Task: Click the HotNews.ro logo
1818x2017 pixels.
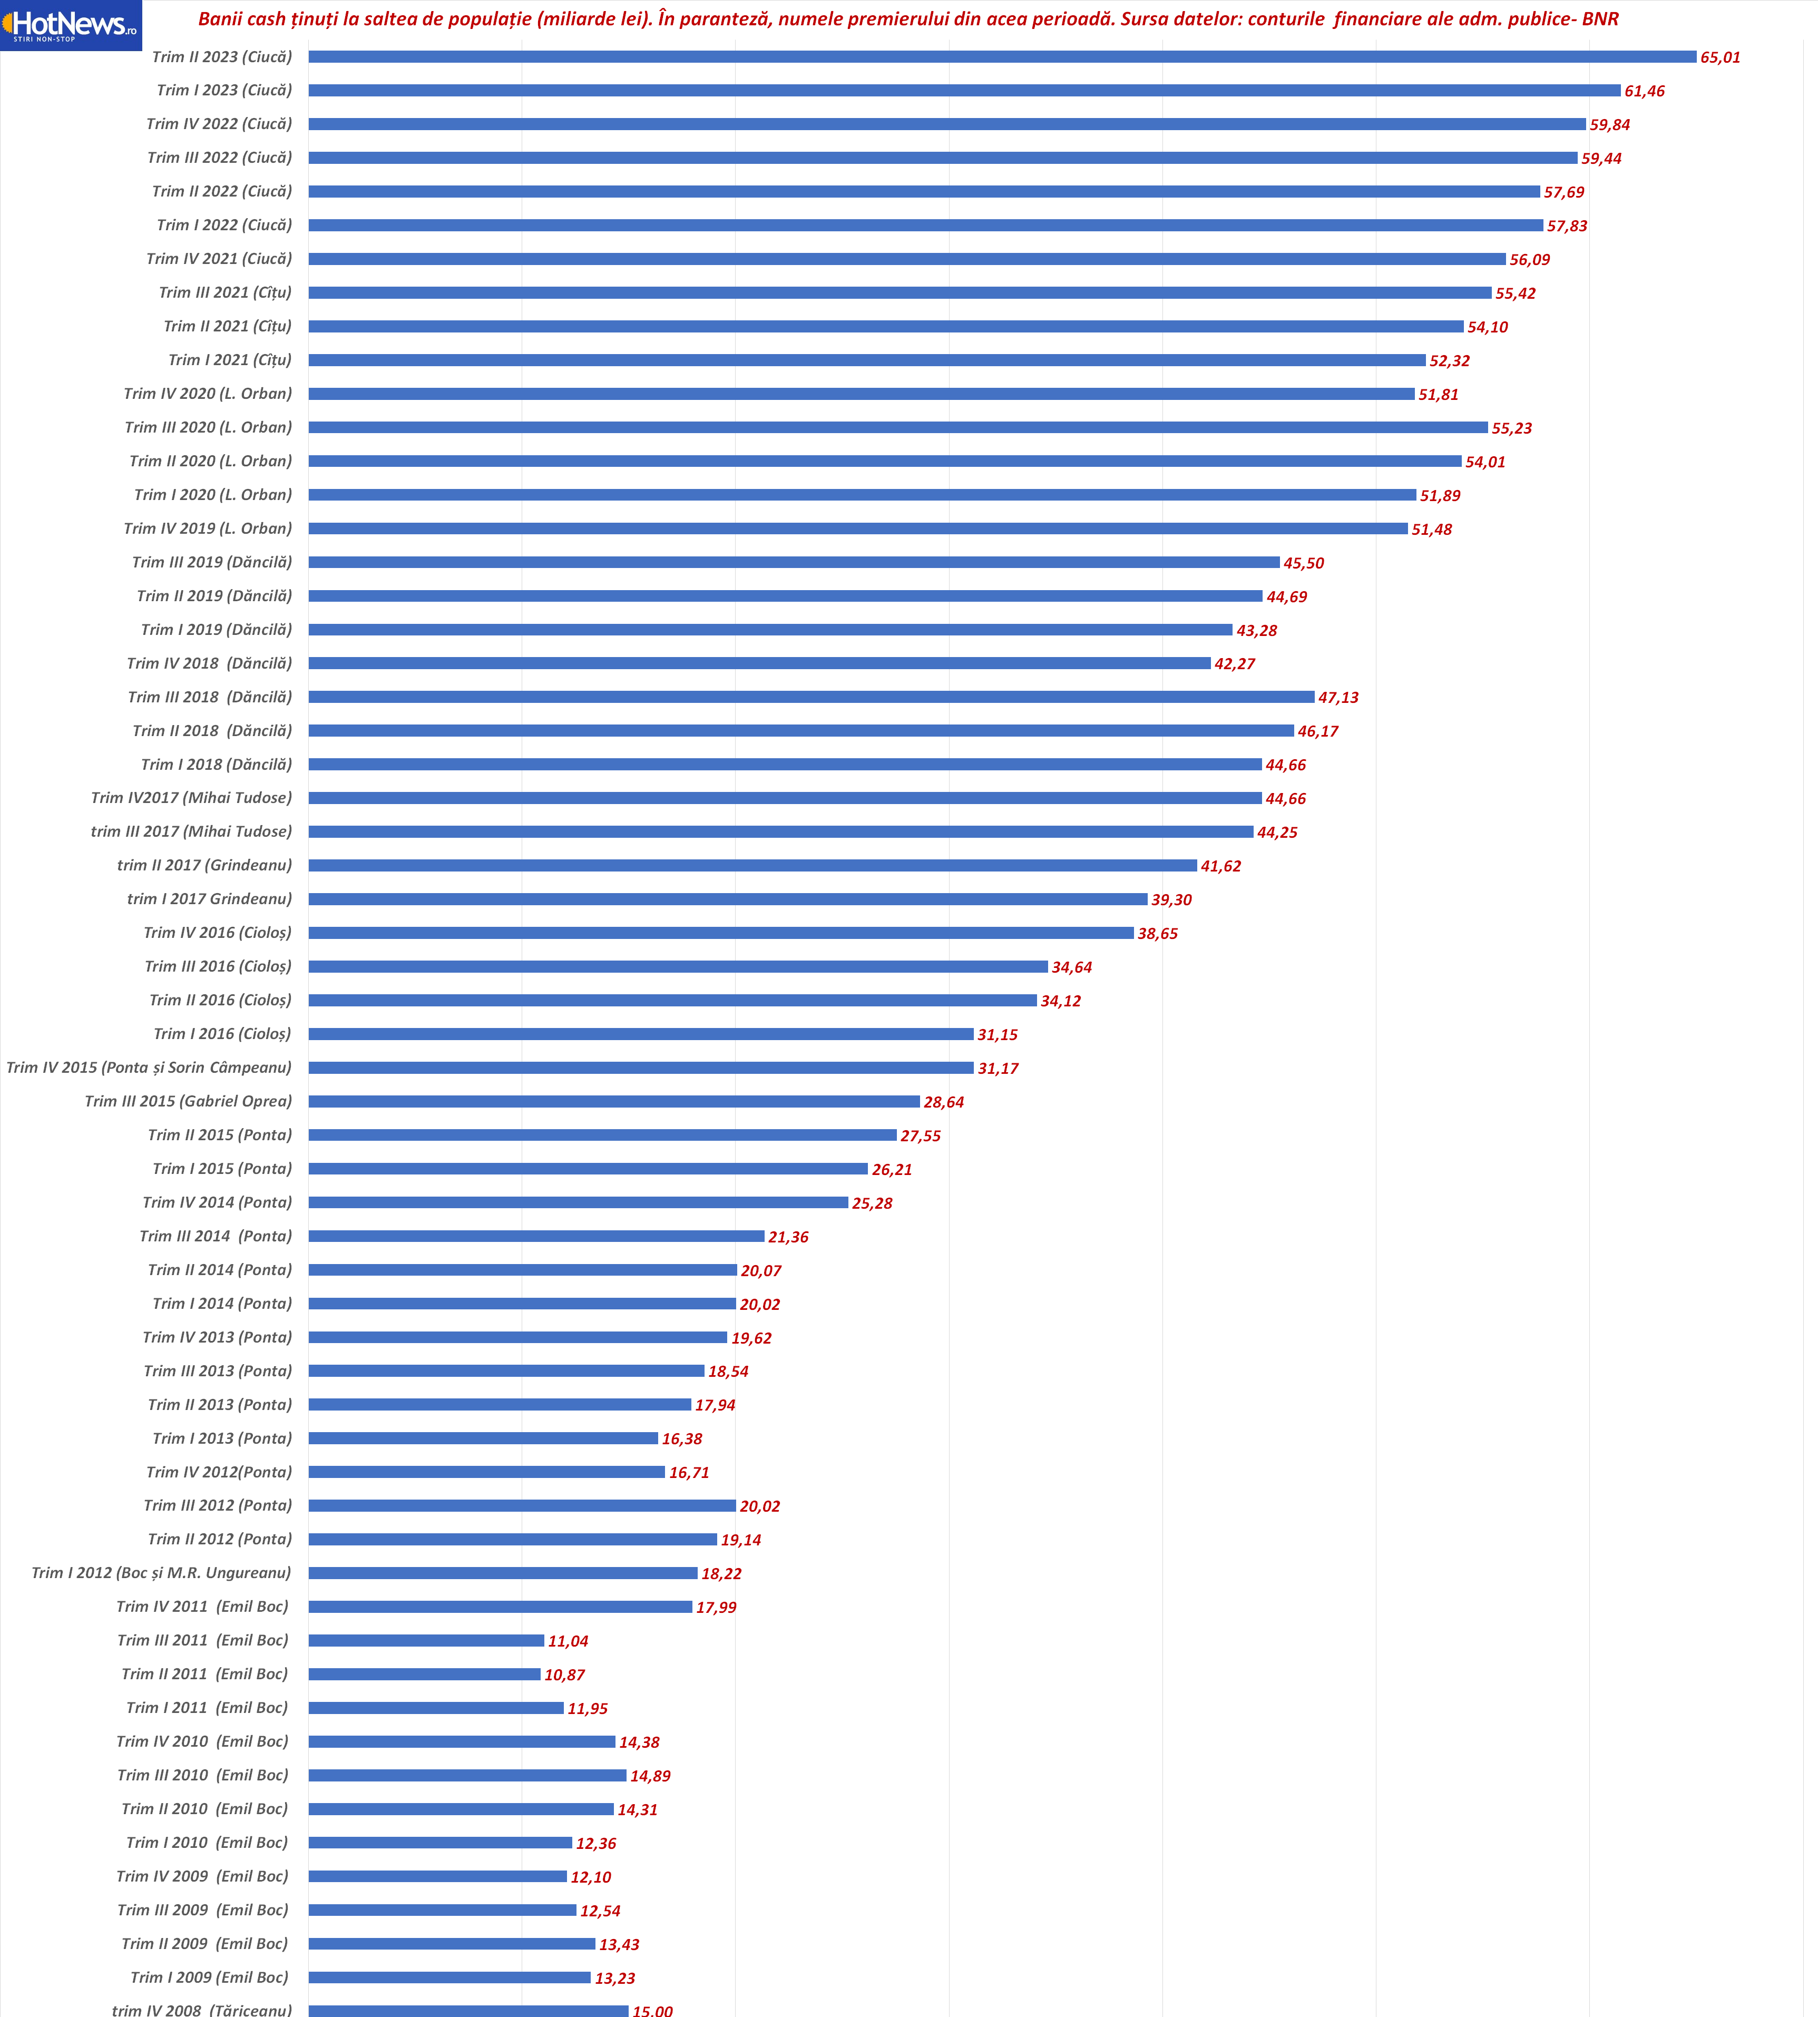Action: [x=70, y=25]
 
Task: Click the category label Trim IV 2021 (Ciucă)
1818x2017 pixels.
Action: [x=219, y=259]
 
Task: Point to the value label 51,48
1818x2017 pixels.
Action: [x=1431, y=530]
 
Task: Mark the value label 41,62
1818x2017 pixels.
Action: [x=1220, y=866]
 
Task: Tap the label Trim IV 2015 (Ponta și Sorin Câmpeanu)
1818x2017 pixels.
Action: [x=149, y=1067]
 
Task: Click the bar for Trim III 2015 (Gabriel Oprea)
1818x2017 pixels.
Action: [x=614, y=1101]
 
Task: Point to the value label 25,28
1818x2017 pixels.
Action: [x=872, y=1203]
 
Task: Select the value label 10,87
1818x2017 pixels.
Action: [x=564, y=1675]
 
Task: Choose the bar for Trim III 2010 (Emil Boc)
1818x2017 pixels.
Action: [x=467, y=1775]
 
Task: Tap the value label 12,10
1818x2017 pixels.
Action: [x=590, y=1877]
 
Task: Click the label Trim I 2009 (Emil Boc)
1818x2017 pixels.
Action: [x=209, y=1977]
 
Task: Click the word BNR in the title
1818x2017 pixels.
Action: [x=1600, y=19]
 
